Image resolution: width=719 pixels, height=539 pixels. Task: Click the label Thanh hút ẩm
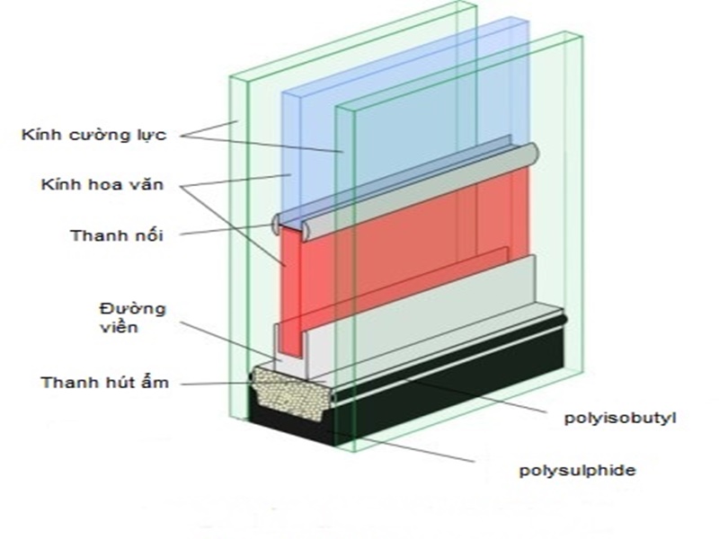104,383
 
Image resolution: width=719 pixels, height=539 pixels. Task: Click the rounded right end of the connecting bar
532,154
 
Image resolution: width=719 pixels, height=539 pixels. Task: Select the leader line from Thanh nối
225,231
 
